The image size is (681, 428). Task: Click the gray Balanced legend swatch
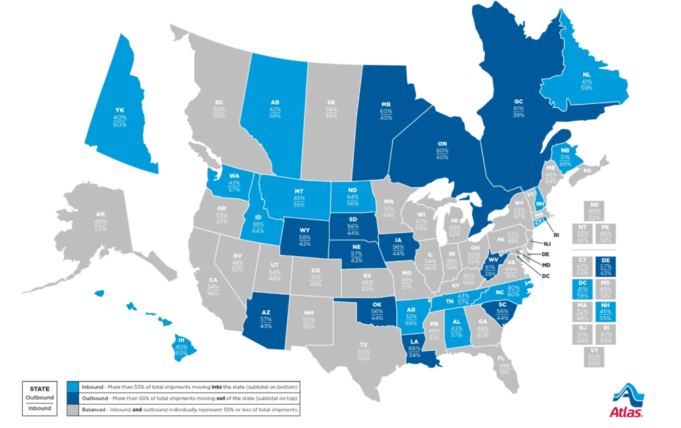pos(73,410)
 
